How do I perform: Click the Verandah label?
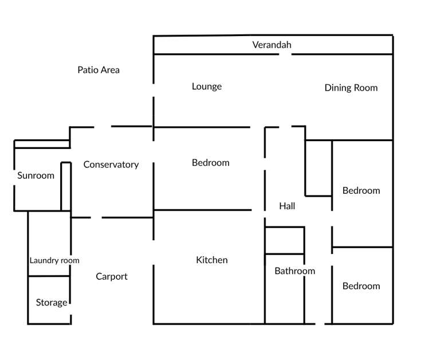[x=272, y=45]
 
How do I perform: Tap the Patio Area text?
[x=99, y=70]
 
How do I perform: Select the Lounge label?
[x=207, y=87]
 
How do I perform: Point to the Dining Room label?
[x=351, y=88]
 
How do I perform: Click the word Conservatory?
[x=111, y=165]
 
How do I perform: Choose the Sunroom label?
[x=36, y=175]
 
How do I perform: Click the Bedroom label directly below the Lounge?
[x=210, y=163]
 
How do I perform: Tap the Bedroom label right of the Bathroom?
[x=361, y=286]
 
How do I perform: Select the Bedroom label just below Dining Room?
[x=361, y=190]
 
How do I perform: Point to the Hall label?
[x=287, y=206]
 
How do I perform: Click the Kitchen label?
[x=212, y=260]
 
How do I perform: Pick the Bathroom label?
[x=294, y=271]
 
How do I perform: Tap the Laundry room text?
[x=54, y=260]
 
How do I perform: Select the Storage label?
[x=52, y=302]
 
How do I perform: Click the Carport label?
[x=112, y=276]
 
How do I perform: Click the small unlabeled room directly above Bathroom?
[x=284, y=240]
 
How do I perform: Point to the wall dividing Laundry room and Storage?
[x=49, y=276]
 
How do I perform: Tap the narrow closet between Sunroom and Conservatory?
[x=66, y=186]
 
